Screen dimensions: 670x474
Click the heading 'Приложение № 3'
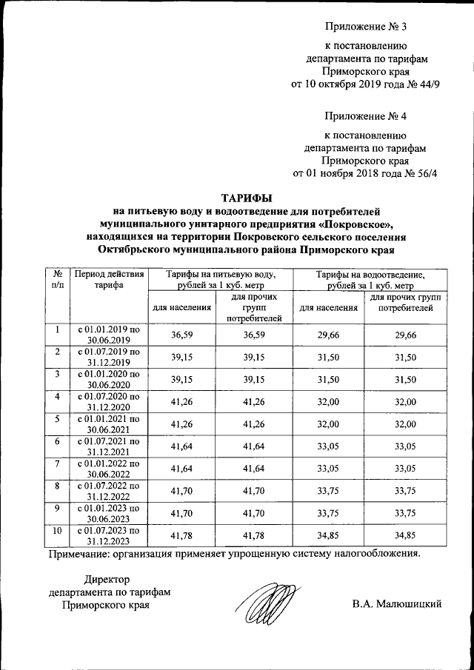pyautogui.click(x=367, y=28)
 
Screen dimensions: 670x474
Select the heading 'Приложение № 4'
pyautogui.click(x=367, y=116)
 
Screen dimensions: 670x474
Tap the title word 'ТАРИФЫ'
pyautogui.click(x=247, y=198)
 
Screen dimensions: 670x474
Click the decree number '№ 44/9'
pyautogui.click(x=424, y=84)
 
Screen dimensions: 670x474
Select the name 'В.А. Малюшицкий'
pyautogui.click(x=397, y=604)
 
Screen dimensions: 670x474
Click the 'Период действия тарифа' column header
pyautogui.click(x=108, y=279)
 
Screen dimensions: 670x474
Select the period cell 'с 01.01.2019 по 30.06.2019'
pyautogui.click(x=108, y=335)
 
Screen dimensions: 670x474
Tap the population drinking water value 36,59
pyautogui.click(x=181, y=335)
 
